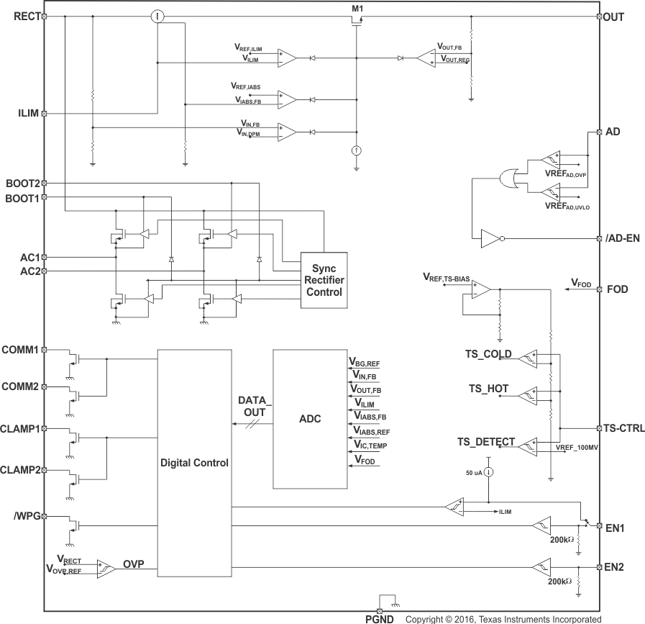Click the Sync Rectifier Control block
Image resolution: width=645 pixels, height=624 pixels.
pos(324,280)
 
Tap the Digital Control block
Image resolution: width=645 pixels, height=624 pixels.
pos(194,463)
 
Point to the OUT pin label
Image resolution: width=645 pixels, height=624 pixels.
pos(616,16)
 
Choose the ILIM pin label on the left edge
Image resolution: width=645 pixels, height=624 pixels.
pos(29,113)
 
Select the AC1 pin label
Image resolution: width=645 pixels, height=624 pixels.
pos(30,256)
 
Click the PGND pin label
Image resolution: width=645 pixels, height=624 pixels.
pos(379,618)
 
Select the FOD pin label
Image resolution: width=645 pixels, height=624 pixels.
pos(618,289)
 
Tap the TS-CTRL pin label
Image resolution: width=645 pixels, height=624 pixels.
pos(623,428)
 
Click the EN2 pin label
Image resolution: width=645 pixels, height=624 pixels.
pos(615,567)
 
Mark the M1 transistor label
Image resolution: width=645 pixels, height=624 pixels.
pos(357,8)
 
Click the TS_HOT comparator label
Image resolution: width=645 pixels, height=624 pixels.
pos(488,389)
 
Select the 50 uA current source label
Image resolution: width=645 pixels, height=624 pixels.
pos(473,472)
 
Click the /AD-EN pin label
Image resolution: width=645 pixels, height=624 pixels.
pos(623,238)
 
